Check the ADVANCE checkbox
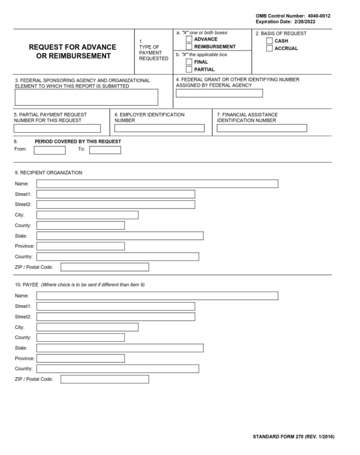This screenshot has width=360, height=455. [189, 39]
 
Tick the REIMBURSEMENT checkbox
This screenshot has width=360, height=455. [189, 47]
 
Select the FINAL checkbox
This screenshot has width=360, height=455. [189, 62]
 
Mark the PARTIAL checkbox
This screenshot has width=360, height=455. [189, 69]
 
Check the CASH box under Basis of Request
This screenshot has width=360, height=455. [270, 41]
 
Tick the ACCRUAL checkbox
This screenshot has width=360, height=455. [270, 48]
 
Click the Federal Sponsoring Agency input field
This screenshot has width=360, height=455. [86, 97]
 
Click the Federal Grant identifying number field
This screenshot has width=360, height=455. [219, 93]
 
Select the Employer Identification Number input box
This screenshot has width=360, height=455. [159, 128]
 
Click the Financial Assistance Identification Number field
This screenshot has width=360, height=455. [262, 128]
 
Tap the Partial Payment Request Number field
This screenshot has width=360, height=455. [57, 128]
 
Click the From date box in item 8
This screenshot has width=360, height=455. [50, 150]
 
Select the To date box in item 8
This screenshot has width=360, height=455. [105, 150]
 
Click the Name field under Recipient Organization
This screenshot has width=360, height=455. [157, 184]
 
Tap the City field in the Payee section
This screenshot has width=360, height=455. [87, 327]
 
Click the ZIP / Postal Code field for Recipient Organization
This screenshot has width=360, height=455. [105, 267]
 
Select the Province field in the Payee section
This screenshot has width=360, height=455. [81, 358]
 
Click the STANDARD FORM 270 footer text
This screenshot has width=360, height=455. [293, 437]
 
